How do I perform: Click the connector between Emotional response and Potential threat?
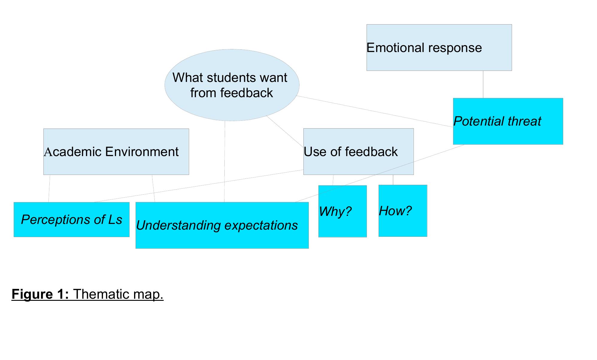483,84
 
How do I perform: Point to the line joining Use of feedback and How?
393,180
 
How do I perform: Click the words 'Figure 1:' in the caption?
40,294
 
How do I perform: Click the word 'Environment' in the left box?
142,152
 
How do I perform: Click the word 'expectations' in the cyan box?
261,225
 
